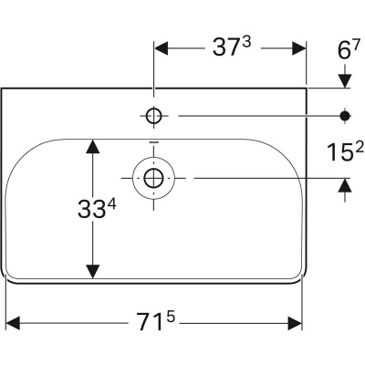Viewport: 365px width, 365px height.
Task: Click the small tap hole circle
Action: pos(153,115)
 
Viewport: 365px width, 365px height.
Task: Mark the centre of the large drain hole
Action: pos(153,176)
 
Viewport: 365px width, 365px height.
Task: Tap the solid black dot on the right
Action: pos(345,115)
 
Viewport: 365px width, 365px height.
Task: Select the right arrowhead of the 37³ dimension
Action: pos(299,48)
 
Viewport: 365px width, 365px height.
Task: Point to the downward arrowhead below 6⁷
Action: pos(345,82)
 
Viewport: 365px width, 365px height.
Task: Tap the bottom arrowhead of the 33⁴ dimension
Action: pos(91,273)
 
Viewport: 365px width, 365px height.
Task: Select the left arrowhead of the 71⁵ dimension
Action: pos(13,323)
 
